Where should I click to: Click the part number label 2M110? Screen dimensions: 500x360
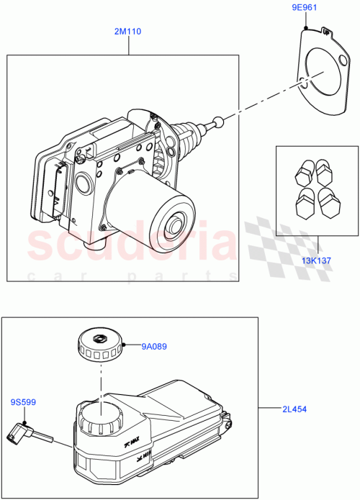click(129, 31)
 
